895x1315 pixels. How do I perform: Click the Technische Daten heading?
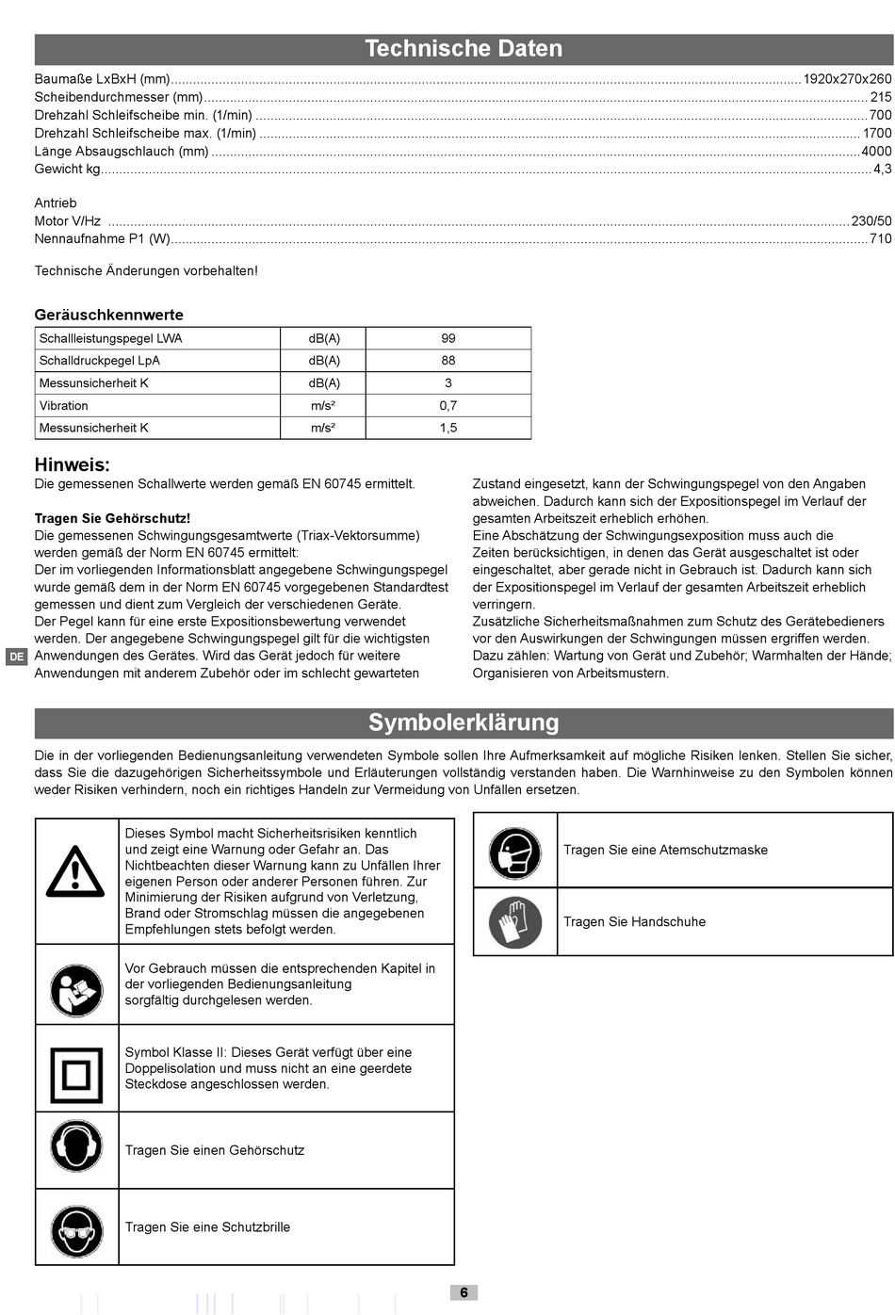(463, 49)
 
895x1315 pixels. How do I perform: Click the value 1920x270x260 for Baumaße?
(846, 79)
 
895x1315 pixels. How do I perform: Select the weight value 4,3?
(882, 170)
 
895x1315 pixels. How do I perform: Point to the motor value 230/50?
(871, 221)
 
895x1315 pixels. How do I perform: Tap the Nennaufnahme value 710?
(880, 239)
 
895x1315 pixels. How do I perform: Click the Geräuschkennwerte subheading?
(108, 315)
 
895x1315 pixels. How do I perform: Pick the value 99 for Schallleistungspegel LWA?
(447, 338)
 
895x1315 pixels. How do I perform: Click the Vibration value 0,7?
(447, 406)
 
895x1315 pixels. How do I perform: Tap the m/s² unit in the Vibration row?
(323, 406)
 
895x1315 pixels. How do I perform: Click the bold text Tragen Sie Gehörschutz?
(112, 518)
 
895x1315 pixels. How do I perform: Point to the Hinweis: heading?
(72, 464)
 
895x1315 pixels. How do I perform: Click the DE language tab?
(17, 657)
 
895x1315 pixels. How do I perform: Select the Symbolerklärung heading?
(463, 722)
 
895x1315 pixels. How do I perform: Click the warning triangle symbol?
(75, 871)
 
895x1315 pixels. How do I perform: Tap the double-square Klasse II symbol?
(75, 1075)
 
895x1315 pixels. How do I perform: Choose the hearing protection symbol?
(76, 1146)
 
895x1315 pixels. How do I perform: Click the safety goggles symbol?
(76, 1230)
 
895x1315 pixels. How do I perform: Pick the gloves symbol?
(514, 921)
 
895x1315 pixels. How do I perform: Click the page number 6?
(464, 1292)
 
